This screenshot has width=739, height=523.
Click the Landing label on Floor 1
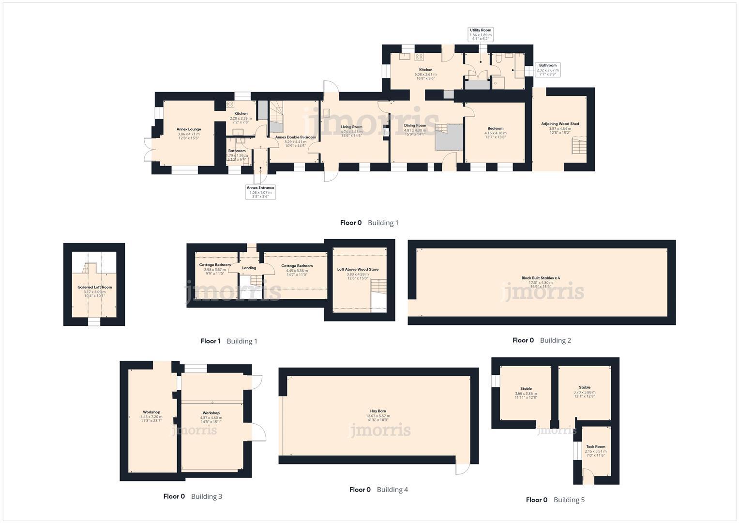pyautogui.click(x=249, y=268)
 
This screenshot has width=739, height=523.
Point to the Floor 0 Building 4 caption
pyautogui.click(x=378, y=490)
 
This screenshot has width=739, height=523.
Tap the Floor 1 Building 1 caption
pyautogui.click(x=229, y=341)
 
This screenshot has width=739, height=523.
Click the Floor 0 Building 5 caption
pyautogui.click(x=555, y=500)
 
